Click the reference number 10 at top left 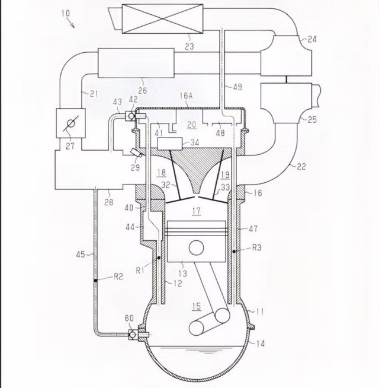[65, 14]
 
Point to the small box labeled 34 [170, 143]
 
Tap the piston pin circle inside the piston [196, 247]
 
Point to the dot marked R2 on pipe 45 [94, 276]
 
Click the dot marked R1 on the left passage [159, 259]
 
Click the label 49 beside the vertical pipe [236, 88]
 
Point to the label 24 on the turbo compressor [312, 40]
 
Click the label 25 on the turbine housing [311, 120]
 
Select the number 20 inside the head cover [191, 125]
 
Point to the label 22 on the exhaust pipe [301, 167]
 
